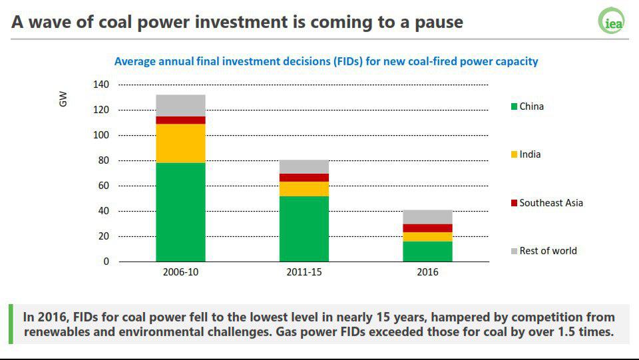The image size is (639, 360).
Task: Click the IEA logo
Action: tap(611, 21)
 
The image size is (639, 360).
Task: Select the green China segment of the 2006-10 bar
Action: tap(180, 212)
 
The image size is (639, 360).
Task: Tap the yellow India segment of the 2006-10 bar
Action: tap(180, 143)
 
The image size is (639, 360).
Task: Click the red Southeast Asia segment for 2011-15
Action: tap(304, 178)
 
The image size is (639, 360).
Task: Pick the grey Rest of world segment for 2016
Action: tap(427, 217)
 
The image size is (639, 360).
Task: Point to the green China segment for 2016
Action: tap(427, 252)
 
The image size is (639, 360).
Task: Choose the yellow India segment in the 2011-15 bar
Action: tap(304, 189)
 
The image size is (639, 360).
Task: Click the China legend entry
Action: tap(527, 106)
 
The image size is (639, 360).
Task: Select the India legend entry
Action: tap(526, 154)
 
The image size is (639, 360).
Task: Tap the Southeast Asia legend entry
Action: tap(547, 203)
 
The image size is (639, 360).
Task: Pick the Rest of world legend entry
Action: tap(544, 251)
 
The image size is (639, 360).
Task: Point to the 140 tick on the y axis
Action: tap(101, 85)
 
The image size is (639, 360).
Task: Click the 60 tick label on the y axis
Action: tap(104, 186)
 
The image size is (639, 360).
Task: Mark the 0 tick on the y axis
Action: tap(106, 262)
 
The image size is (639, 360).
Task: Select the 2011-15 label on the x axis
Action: tap(304, 272)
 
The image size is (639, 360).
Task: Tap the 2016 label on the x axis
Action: tap(427, 272)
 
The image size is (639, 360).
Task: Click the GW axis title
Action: tap(63, 99)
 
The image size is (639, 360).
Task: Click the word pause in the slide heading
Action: tap(439, 23)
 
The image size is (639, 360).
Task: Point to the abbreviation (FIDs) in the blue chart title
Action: tap(347, 61)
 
